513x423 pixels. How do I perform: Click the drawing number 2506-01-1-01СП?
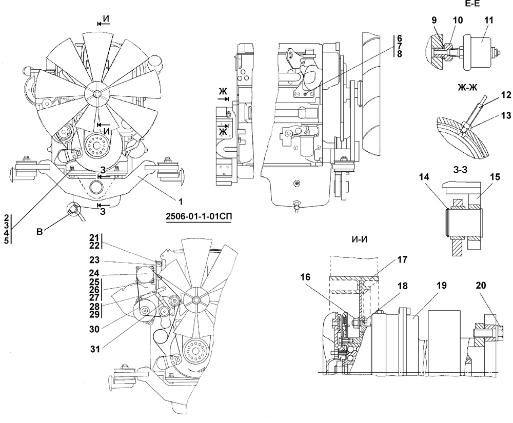pos(199,217)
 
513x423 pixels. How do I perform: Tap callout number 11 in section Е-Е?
pos(488,20)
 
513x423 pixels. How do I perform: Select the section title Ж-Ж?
pos(468,87)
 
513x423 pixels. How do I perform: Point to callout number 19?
pos(441,286)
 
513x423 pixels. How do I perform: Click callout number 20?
pos(481,286)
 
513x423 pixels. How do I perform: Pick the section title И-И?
pos(360,239)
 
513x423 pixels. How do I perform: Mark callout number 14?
pos(424,177)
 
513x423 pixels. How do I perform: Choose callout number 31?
pos(95,349)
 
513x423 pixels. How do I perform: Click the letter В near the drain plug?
pos(40,232)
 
